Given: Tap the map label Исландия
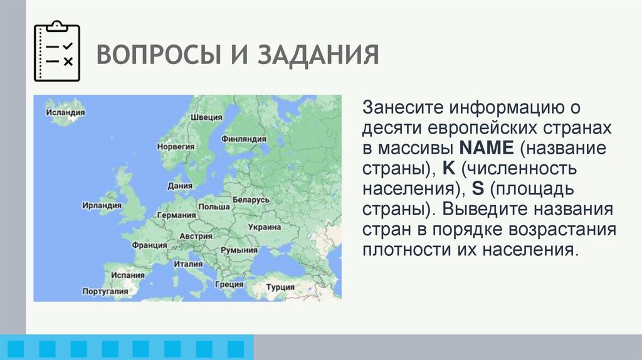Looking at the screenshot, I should pyautogui.click(x=65, y=112).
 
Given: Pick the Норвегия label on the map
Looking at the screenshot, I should pyautogui.click(x=176, y=146).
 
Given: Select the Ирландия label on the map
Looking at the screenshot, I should pyautogui.click(x=102, y=205).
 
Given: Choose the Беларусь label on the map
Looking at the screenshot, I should pyautogui.click(x=251, y=199).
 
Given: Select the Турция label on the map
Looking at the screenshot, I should pyautogui.click(x=280, y=287).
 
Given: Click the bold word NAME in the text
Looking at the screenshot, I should pyautogui.click(x=487, y=149).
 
